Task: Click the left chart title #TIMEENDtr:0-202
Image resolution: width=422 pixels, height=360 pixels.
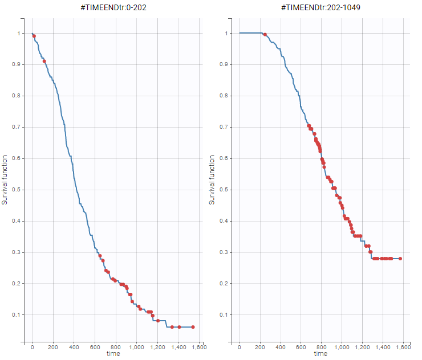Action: click(x=113, y=8)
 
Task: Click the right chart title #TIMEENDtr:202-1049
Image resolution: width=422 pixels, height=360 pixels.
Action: click(x=320, y=8)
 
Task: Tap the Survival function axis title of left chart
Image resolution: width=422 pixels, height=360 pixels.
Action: click(x=6, y=180)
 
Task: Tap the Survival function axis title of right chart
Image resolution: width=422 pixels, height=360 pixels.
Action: click(x=213, y=180)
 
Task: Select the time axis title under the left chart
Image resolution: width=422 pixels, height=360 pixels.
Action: click(x=113, y=354)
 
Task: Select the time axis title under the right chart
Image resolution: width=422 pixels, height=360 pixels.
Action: click(x=320, y=354)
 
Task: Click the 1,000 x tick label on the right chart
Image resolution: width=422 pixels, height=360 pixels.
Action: click(x=342, y=346)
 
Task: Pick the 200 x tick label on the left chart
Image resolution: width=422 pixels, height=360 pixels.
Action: click(x=53, y=346)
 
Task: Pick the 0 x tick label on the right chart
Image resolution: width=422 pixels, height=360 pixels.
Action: click(x=240, y=346)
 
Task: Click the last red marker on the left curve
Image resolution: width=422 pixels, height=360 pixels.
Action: click(x=193, y=327)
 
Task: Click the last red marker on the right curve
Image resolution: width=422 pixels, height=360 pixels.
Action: click(x=400, y=259)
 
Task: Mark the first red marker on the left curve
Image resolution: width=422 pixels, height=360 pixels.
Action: click(x=34, y=36)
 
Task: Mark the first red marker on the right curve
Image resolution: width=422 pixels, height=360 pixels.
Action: click(x=265, y=35)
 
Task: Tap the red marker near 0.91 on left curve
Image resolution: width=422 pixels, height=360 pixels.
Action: click(x=44, y=61)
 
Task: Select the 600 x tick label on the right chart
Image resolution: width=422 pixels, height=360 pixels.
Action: click(x=301, y=346)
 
